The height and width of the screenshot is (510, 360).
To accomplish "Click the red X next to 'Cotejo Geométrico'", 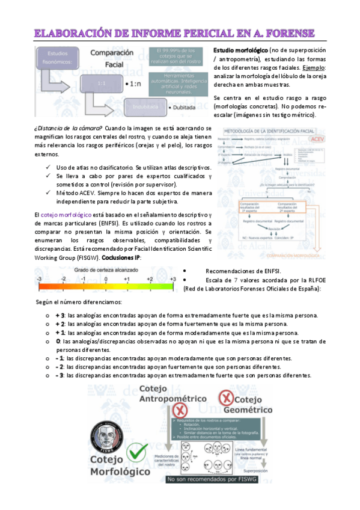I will (226, 398).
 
